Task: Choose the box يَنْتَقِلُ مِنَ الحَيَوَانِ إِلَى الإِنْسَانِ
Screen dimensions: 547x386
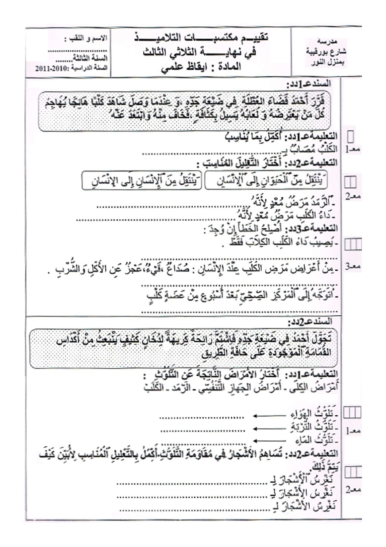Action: pyautogui.click(x=266, y=181)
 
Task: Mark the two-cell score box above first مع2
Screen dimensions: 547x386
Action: pyautogui.click(x=351, y=182)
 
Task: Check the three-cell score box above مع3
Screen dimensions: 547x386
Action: pyautogui.click(x=352, y=244)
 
